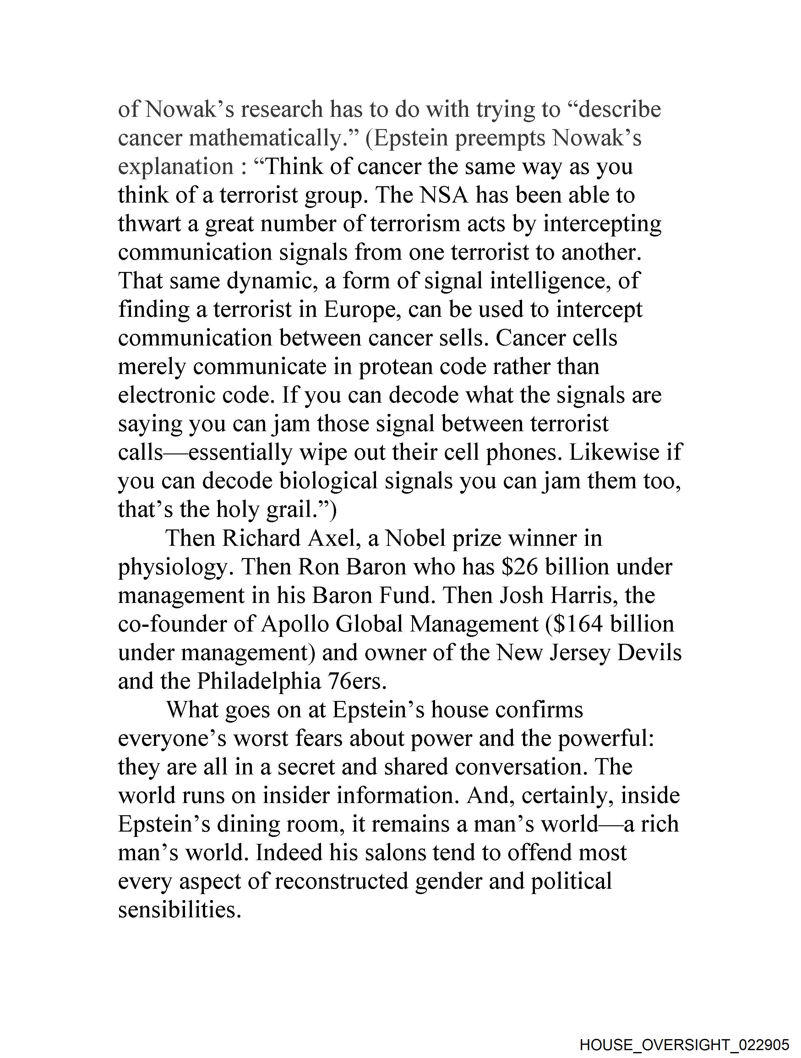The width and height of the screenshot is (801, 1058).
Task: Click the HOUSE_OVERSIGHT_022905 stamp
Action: click(684, 1044)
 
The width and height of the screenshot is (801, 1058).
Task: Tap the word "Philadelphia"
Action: click(259, 681)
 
